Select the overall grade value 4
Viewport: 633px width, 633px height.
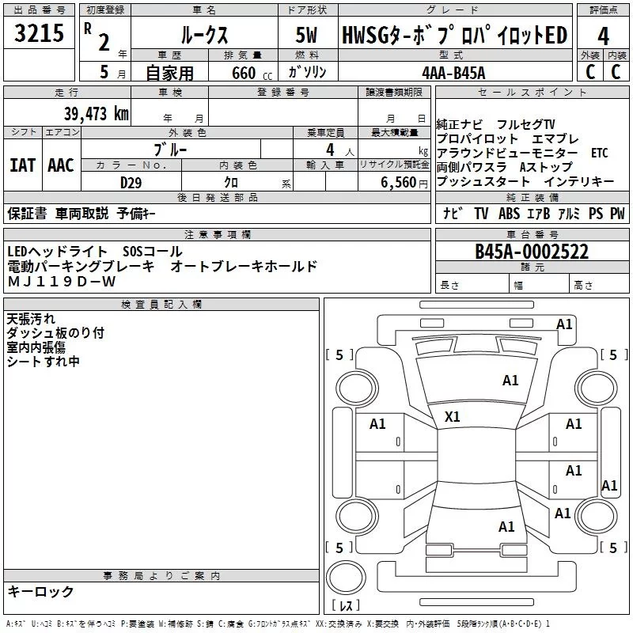coord(603,37)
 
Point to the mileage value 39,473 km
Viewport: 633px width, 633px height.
coord(96,113)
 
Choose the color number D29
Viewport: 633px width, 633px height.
coord(131,181)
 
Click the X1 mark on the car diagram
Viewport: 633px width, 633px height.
coord(453,416)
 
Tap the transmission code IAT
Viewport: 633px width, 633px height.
coord(22,165)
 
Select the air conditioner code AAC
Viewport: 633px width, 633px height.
coord(60,165)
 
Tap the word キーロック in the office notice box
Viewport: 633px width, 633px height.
coord(41,592)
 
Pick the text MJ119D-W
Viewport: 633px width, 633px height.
coord(62,281)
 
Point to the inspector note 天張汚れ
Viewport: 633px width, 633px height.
coord(31,319)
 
